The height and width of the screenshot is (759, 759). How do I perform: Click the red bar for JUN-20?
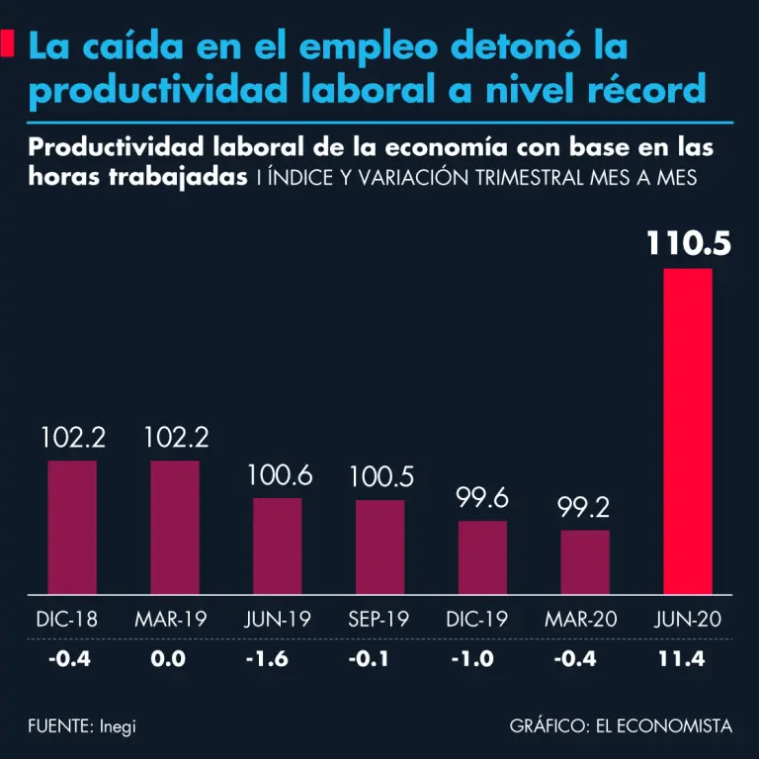(x=687, y=431)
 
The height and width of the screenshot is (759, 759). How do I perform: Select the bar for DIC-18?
(x=72, y=528)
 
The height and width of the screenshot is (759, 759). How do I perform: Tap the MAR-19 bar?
(x=175, y=528)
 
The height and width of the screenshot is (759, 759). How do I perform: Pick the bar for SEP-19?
(x=379, y=548)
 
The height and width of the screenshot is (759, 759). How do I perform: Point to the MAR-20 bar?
(x=585, y=562)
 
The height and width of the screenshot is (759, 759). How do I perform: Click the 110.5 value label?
(x=689, y=243)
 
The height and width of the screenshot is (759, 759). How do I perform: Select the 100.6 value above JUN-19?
(x=278, y=475)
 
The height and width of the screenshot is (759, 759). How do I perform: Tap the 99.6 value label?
(x=482, y=498)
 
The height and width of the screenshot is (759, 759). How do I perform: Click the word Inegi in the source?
(x=117, y=726)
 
